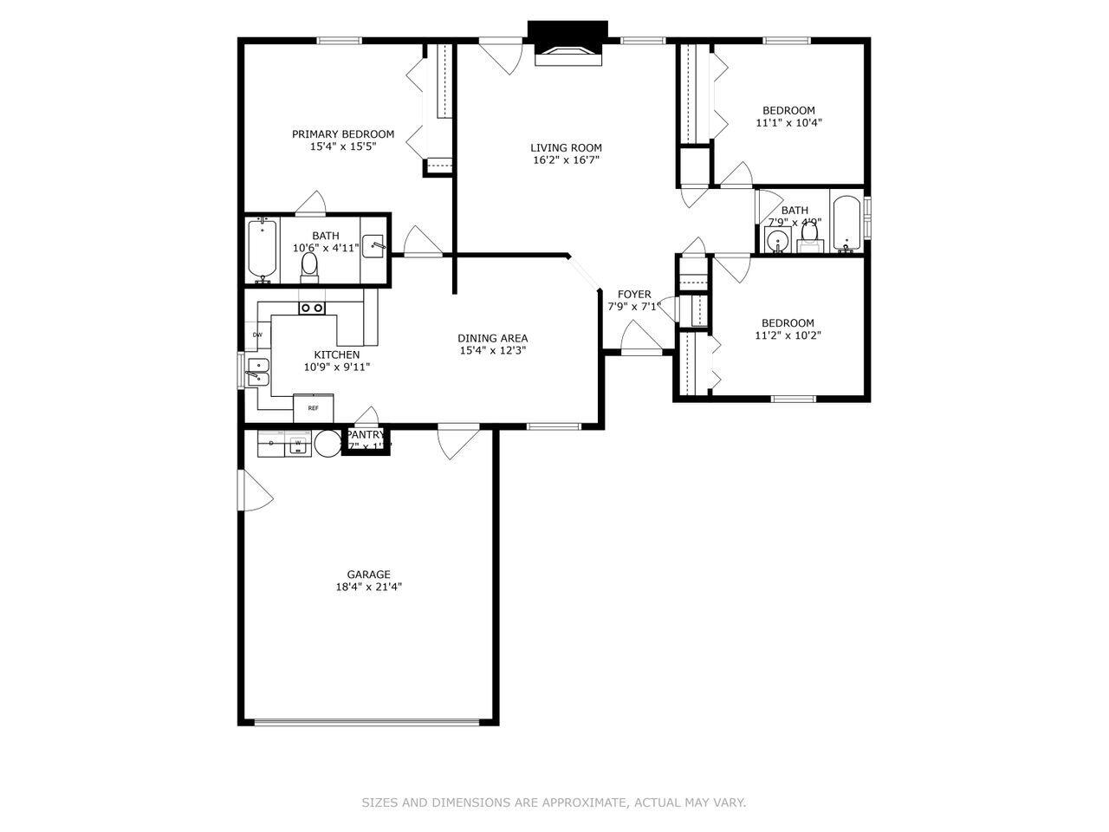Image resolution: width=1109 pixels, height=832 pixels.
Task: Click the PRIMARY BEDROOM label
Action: tap(342, 134)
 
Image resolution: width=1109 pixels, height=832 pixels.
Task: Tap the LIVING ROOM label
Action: tap(566, 148)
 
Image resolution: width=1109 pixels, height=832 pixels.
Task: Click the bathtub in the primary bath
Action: tap(262, 250)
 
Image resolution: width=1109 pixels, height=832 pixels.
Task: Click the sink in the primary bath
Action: tap(373, 245)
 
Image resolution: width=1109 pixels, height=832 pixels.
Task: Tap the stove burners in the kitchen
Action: tap(312, 308)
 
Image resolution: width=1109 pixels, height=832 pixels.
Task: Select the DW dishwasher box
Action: tap(257, 335)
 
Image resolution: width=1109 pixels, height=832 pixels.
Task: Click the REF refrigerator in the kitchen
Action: tap(313, 407)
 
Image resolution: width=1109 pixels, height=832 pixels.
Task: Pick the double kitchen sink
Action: tap(257, 372)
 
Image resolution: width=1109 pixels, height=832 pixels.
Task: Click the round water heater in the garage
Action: tap(328, 443)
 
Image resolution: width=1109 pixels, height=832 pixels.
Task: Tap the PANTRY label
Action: tap(365, 435)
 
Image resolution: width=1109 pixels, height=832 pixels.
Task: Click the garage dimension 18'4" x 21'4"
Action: tap(368, 587)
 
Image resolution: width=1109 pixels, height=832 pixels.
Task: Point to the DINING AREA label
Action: tap(492, 339)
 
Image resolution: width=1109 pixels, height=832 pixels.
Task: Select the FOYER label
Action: tap(634, 295)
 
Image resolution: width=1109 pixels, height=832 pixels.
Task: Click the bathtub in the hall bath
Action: tap(846, 223)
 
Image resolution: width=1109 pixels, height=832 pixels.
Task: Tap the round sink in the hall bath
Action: tap(778, 241)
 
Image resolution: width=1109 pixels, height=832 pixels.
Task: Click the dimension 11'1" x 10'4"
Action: tap(788, 123)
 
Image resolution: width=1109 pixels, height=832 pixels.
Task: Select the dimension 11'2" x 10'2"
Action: tap(788, 335)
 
